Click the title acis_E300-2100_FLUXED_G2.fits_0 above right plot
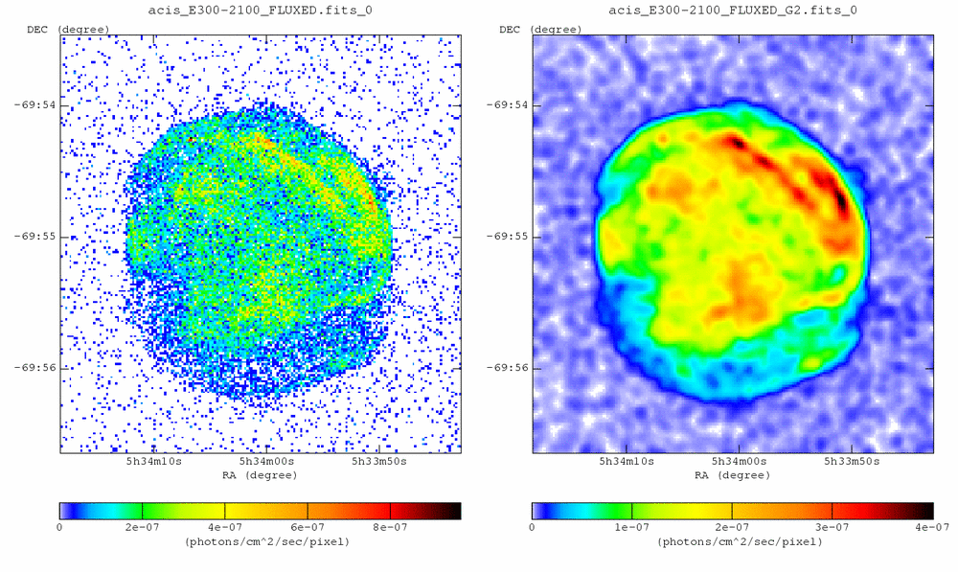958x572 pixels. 733,11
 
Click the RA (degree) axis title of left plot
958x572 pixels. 260,474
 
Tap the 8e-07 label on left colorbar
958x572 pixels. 391,527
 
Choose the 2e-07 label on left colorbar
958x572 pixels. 142,527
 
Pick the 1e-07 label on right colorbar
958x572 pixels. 632,527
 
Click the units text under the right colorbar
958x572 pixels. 733,541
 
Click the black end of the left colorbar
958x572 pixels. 454,511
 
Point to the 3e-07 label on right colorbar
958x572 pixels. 832,527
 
